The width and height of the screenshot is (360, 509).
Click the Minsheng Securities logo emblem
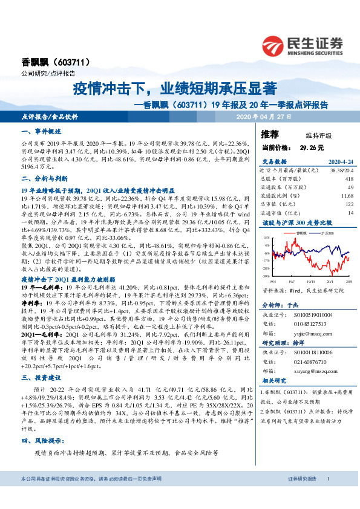point(275,45)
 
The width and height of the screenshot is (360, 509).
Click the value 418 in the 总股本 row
point(349,179)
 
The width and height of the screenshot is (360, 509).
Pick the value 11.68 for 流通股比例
point(347,196)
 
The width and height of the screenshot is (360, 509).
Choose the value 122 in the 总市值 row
point(349,204)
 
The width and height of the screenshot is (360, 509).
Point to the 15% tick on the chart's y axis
point(267,238)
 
